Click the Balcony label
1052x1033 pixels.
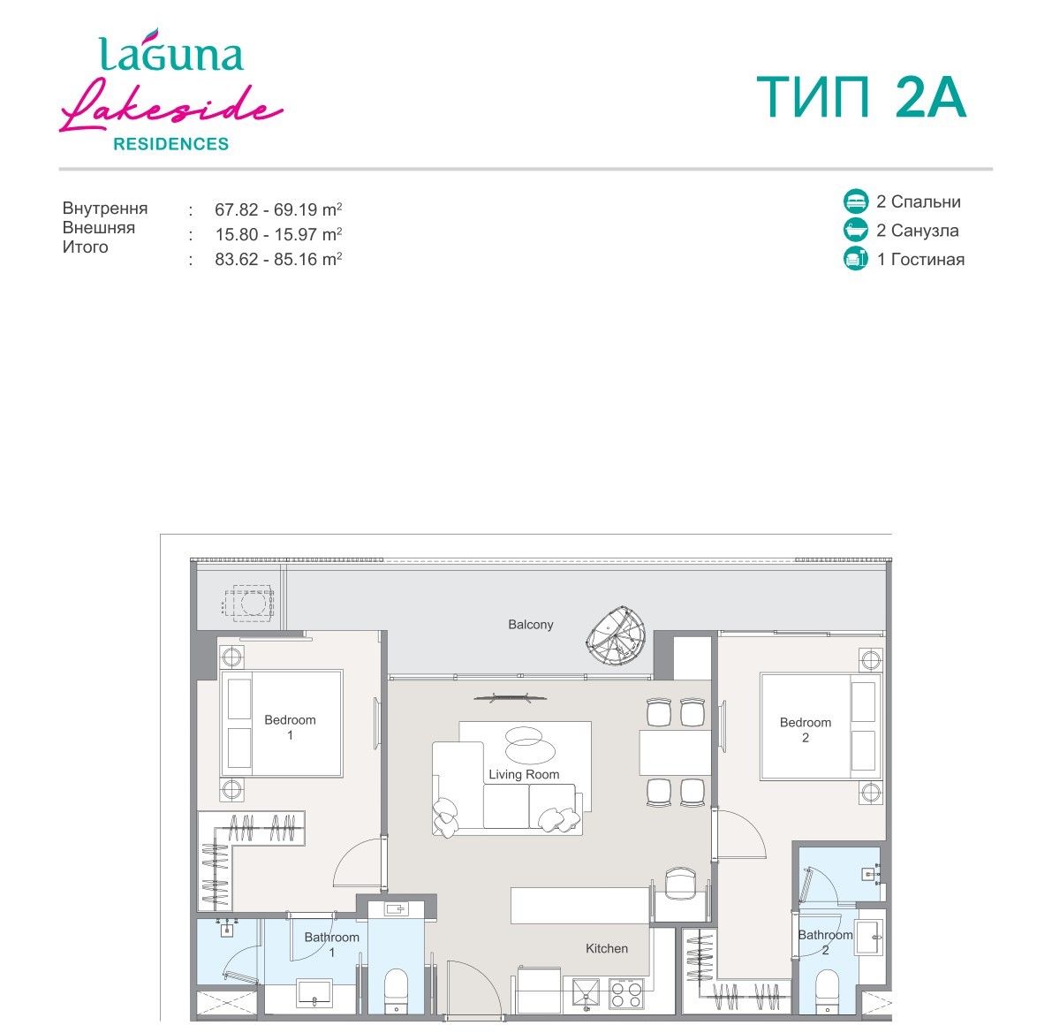tap(530, 624)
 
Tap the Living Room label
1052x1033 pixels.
tap(523, 774)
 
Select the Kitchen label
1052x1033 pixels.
tap(607, 948)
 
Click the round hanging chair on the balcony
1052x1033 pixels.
tap(616, 635)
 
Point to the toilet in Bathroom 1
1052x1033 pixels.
tap(396, 990)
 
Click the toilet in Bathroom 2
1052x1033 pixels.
tap(828, 991)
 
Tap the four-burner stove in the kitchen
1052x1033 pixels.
tap(626, 994)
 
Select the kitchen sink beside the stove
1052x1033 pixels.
tap(586, 994)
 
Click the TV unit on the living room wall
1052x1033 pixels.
tap(510, 698)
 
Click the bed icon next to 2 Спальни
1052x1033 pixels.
tap(855, 201)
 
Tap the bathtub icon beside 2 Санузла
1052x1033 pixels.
tap(855, 231)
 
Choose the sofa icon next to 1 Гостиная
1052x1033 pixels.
tap(855, 259)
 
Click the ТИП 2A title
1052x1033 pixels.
tap(861, 97)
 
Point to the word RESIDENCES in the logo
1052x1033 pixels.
tap(171, 144)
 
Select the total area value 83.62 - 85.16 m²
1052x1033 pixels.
tap(278, 259)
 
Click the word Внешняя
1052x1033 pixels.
tap(99, 227)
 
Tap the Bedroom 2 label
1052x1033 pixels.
tap(805, 730)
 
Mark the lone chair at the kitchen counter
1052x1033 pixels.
tap(680, 883)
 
